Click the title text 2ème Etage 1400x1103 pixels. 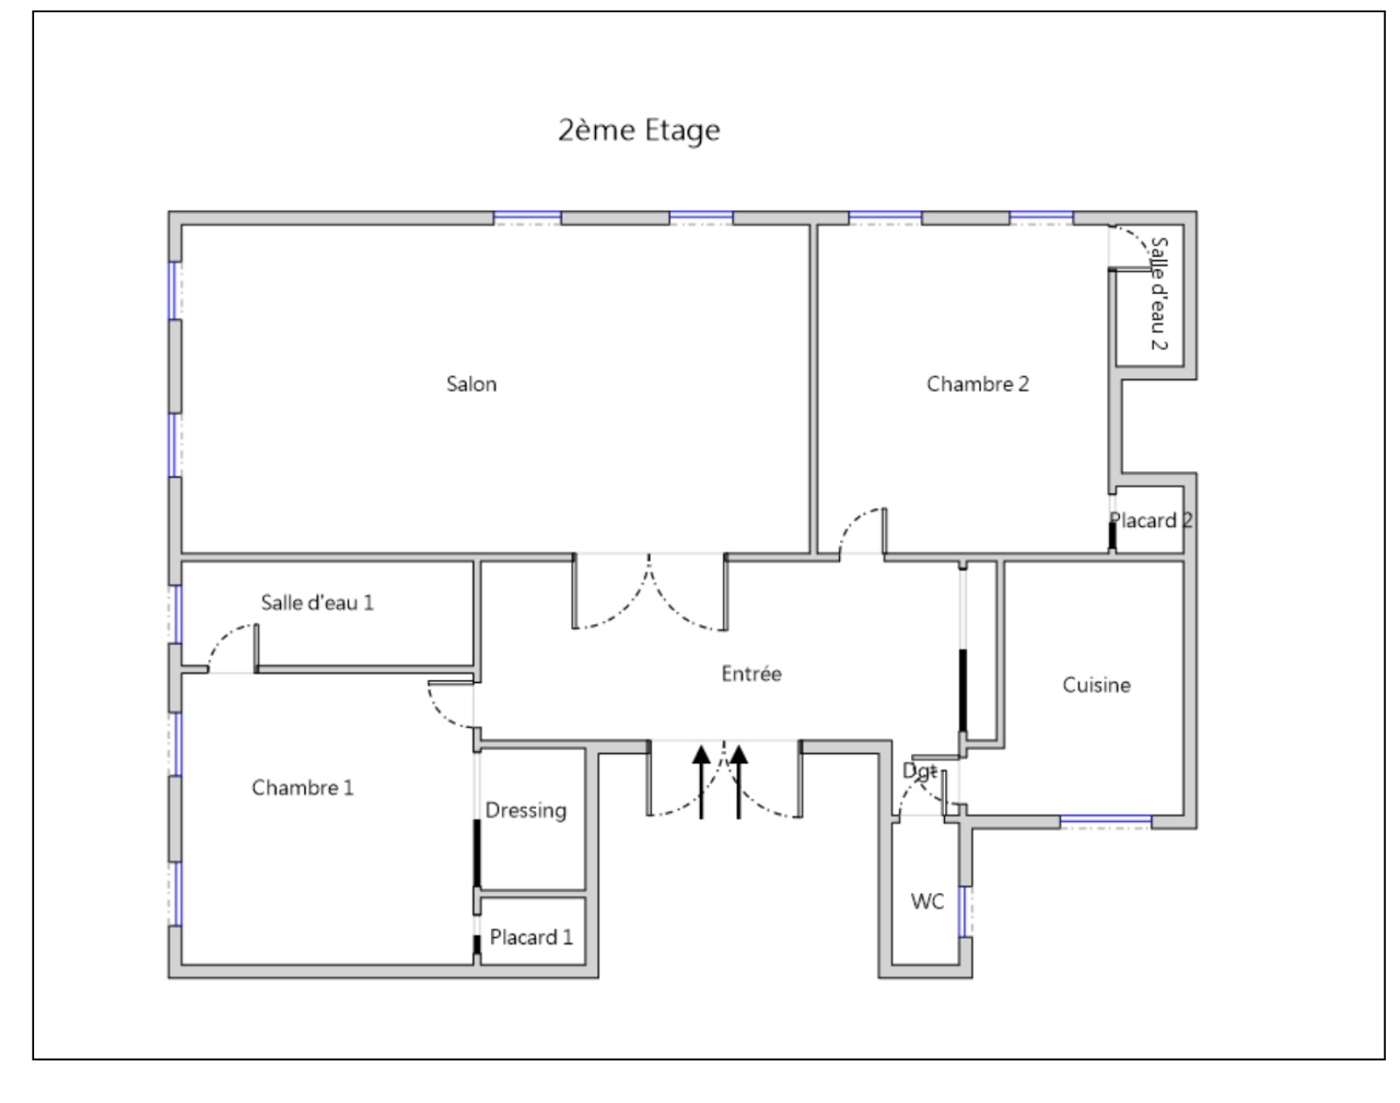[x=639, y=130]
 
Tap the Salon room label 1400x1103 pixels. [x=471, y=384]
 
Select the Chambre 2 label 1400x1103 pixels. [x=977, y=384]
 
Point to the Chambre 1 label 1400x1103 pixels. [x=303, y=788]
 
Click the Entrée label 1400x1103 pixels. [x=752, y=673]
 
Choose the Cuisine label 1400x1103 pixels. [x=1096, y=685]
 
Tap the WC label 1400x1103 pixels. [x=927, y=902]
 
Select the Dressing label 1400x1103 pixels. [x=526, y=811]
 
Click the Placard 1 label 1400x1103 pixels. [x=531, y=938]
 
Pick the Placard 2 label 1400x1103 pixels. [x=1151, y=521]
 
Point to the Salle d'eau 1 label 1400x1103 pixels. [x=317, y=603]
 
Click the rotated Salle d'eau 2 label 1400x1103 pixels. [x=1159, y=294]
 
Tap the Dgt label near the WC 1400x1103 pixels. [x=920, y=771]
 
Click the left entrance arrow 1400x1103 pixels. [x=701, y=782]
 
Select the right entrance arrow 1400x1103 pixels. [x=738, y=782]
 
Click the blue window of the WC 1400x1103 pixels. [x=962, y=911]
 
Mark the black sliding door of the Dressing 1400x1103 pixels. [x=477, y=853]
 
